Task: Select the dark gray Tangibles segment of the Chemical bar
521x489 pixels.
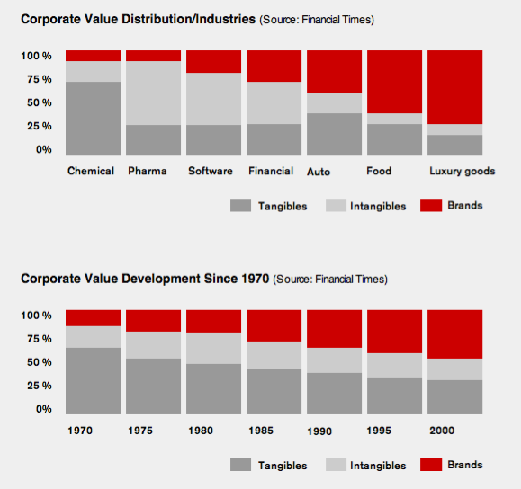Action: [93, 118]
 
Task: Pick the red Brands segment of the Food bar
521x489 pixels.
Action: [394, 82]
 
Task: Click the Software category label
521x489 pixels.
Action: [210, 171]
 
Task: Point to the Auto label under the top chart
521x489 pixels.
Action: [319, 171]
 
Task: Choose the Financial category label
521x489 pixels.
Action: [270, 171]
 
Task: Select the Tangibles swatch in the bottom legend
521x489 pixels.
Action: [240, 465]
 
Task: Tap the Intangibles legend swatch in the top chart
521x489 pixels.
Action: [337, 205]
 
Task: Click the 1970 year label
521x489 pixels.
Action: [80, 431]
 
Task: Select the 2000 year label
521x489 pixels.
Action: [442, 431]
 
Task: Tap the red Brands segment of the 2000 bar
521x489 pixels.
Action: [454, 334]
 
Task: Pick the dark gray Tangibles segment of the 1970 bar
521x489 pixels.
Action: [93, 380]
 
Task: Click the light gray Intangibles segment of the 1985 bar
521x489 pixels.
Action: [274, 355]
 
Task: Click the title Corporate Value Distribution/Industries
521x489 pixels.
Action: [138, 19]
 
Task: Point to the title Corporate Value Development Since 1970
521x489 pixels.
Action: [145, 279]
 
